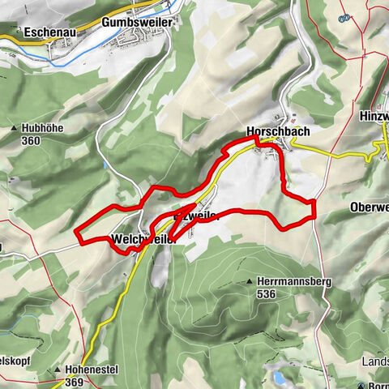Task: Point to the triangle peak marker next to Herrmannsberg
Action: [249, 281]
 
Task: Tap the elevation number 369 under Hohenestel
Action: [75, 382]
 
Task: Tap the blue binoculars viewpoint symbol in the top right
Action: [346, 15]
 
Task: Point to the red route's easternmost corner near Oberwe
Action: [313, 200]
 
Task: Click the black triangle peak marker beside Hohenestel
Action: [58, 370]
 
